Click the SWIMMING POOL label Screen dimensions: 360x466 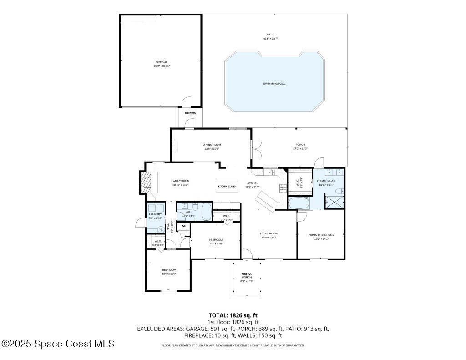click(274, 84)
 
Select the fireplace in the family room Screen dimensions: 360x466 click(145, 183)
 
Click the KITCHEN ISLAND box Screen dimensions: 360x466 click(227, 187)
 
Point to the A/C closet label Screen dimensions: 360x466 click(183, 226)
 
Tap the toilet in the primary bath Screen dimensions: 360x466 click(328, 200)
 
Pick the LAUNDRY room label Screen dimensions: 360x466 click(155, 214)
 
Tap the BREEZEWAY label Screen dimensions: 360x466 click(190, 113)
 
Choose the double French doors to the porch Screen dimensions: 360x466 click(257, 149)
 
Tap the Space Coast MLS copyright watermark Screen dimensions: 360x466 click(58, 344)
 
